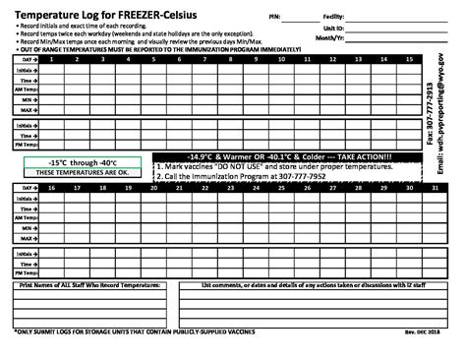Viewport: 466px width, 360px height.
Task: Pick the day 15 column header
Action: [408, 60]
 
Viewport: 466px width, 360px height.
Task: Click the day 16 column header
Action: [51, 187]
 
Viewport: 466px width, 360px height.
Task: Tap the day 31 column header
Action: [434, 187]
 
